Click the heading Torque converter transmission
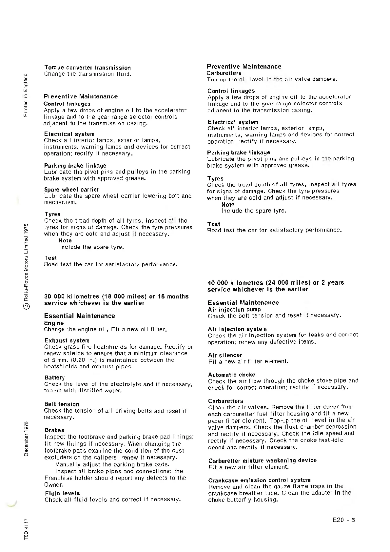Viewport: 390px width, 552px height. coord(88,68)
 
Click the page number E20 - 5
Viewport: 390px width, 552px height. coord(343,520)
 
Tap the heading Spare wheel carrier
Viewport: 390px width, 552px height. coord(71,190)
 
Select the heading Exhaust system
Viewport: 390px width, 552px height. coord(67,340)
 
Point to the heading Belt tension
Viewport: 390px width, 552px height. coord(62,404)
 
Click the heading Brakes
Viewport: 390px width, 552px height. coord(54,430)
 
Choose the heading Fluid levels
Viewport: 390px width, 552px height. coord(62,493)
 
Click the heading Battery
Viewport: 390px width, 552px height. coord(54,378)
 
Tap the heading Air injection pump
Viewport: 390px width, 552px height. coord(234,309)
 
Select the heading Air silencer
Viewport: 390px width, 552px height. coord(225,355)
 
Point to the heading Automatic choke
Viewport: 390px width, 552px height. coord(231,375)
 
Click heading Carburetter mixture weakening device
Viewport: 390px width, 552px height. coord(263,460)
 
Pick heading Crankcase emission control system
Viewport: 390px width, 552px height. coord(259,480)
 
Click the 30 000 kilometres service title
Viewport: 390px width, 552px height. coord(116,299)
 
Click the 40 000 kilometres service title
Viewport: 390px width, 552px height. coord(276,286)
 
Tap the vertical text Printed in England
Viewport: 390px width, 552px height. coord(26,95)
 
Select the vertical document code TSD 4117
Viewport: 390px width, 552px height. coord(27,529)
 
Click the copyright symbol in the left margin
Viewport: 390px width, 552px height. coord(27,307)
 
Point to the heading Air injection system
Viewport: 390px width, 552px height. coord(237,329)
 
